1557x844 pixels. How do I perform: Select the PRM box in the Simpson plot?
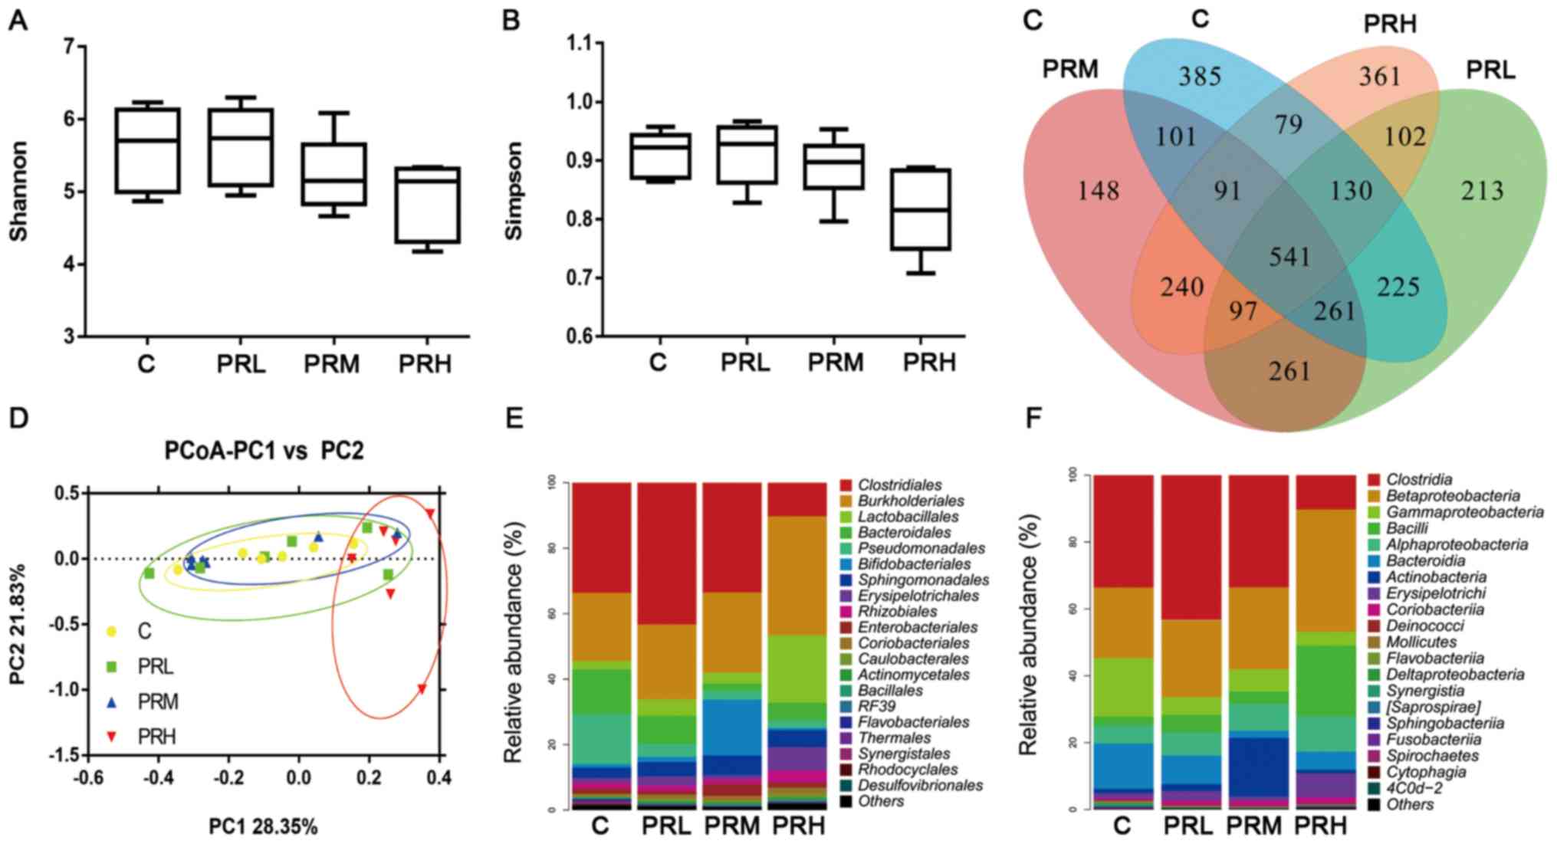[x=836, y=166]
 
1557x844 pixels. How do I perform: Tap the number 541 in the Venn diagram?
[x=1289, y=256]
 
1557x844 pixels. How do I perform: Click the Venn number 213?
[x=1481, y=191]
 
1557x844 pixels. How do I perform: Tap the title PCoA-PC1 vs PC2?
[x=264, y=451]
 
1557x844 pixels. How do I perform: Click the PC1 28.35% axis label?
[x=263, y=826]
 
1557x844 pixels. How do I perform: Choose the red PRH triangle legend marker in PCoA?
[x=112, y=737]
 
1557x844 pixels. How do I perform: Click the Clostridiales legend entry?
[x=899, y=485]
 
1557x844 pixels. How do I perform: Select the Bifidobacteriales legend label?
[x=914, y=564]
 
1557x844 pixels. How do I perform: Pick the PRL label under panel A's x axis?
[x=241, y=363]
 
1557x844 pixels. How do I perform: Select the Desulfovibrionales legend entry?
[x=920, y=785]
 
